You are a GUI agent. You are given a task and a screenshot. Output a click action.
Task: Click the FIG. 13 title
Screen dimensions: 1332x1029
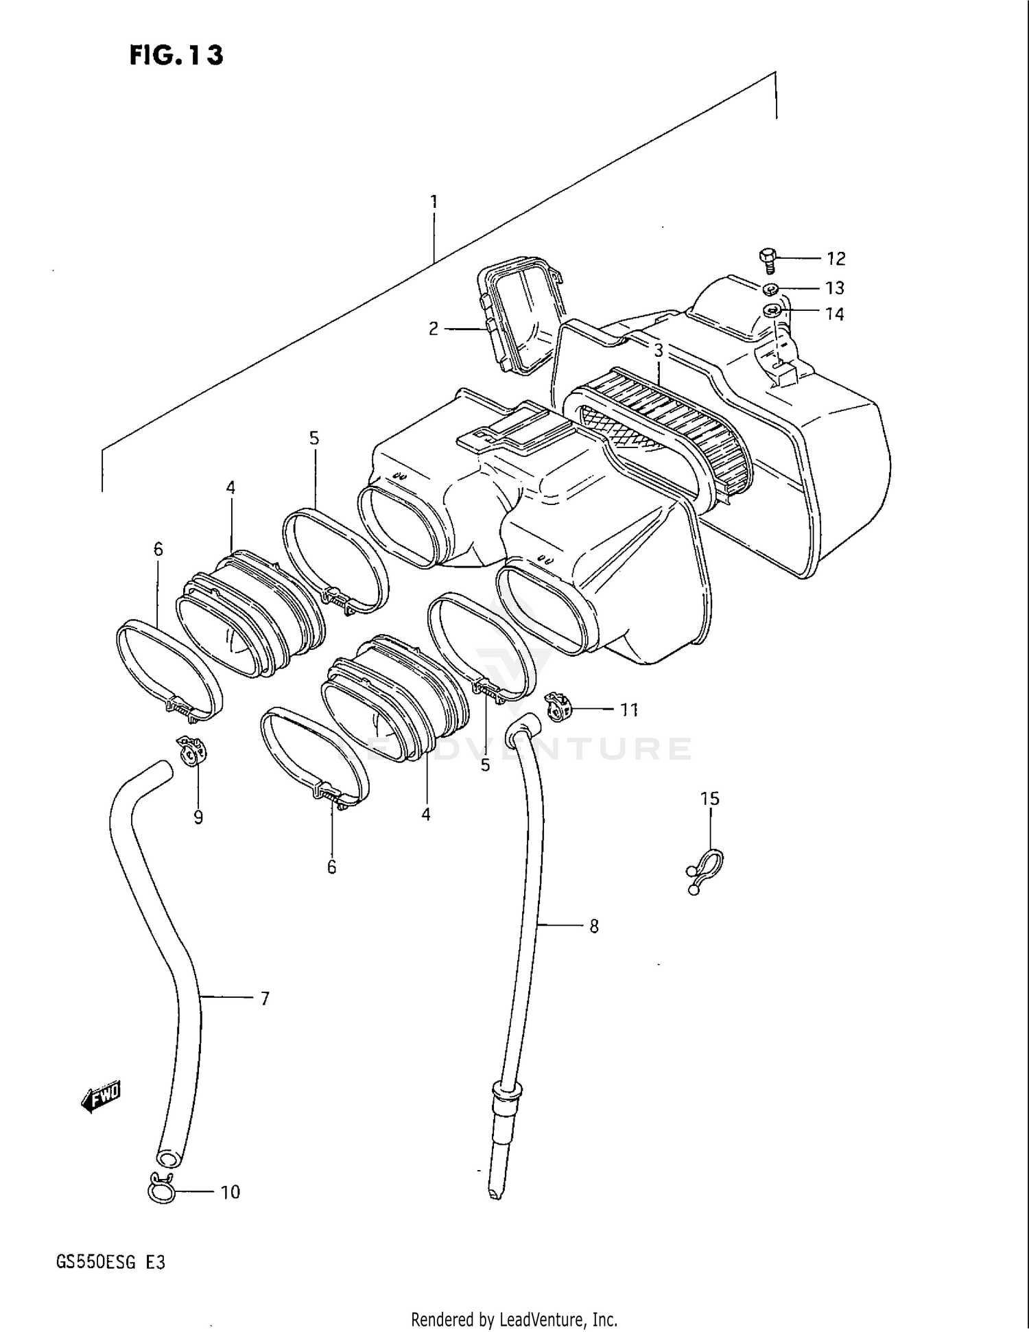coord(176,55)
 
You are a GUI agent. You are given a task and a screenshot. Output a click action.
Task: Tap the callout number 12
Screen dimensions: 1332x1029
coord(836,259)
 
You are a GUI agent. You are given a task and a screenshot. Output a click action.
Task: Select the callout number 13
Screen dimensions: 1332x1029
coord(835,288)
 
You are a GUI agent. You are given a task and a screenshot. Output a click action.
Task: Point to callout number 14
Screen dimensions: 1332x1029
coord(834,314)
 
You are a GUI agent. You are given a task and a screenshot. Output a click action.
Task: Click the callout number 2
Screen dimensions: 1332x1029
coord(433,329)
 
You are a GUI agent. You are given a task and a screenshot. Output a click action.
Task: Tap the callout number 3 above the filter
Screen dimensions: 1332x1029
coord(658,351)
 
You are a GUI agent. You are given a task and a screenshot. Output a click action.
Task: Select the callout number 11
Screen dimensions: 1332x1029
coord(629,710)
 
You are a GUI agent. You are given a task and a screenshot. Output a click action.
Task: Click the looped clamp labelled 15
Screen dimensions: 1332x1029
coord(705,869)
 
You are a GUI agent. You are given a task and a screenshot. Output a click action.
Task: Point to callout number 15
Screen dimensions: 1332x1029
coord(709,798)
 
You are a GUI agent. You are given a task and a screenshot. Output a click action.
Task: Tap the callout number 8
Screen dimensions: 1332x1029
coord(594,926)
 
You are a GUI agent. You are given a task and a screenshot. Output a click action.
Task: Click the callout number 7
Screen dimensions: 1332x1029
coord(265,998)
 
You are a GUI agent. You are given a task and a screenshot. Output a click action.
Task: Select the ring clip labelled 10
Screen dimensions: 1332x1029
coord(162,1191)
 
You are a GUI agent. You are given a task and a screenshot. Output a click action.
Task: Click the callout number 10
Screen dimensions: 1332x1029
coord(230,1192)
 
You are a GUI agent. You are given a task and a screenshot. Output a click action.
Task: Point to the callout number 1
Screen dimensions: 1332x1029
coord(434,201)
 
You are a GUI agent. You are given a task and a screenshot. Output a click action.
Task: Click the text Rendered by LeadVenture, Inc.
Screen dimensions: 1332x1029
coord(514,1319)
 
